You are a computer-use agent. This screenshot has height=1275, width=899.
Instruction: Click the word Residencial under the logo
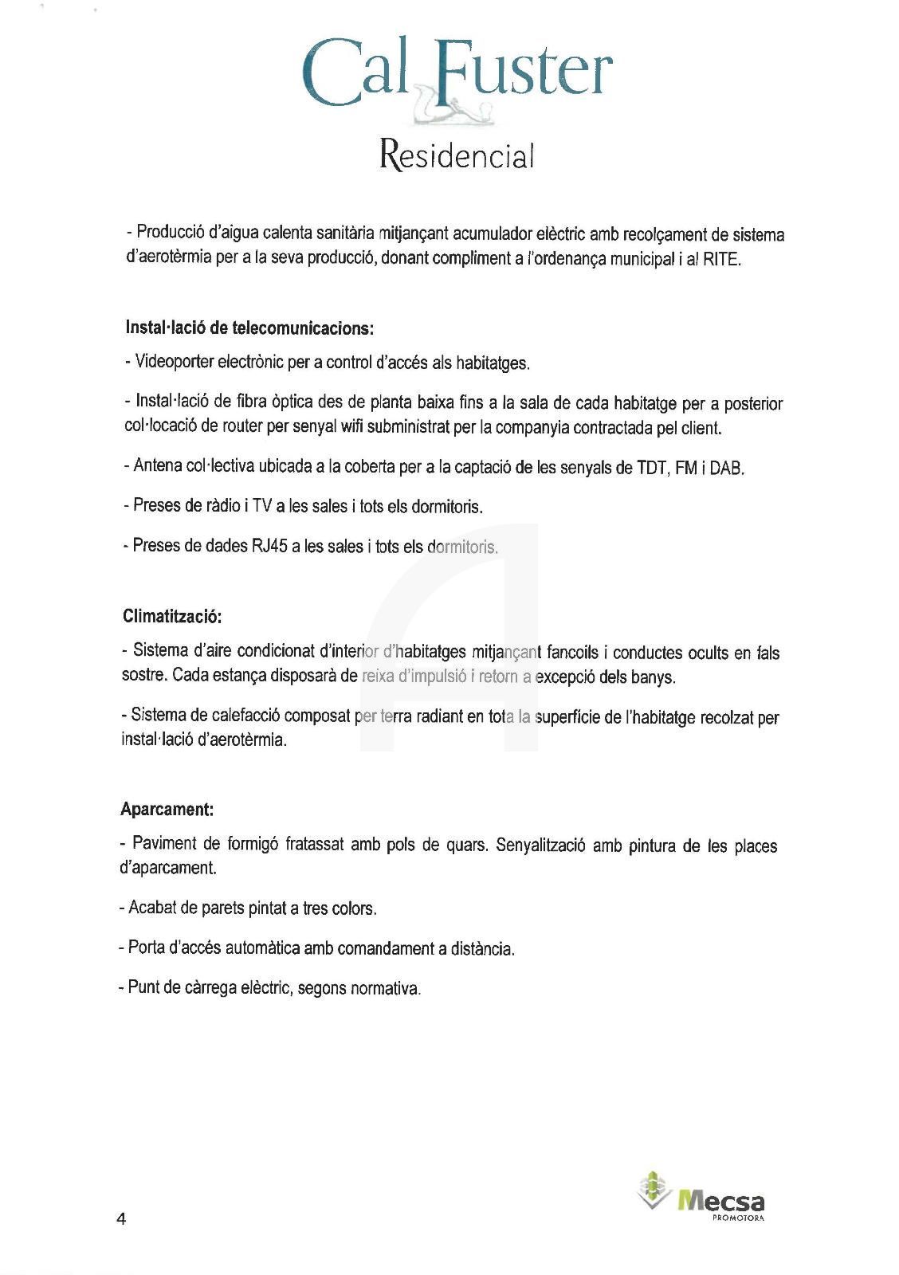pos(457,155)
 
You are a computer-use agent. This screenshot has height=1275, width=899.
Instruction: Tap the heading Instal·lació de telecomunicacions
pos(249,328)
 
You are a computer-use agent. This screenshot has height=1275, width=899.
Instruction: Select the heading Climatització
pos(172,617)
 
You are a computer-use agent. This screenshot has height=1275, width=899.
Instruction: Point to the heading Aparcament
pos(167,810)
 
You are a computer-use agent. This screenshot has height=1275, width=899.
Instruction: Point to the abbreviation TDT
pos(652,468)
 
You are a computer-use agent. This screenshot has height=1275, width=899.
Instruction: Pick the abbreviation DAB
pos(726,468)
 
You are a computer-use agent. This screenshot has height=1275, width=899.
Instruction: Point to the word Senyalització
pos(540,845)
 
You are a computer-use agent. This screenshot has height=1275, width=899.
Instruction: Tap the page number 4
pos(121,1219)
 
